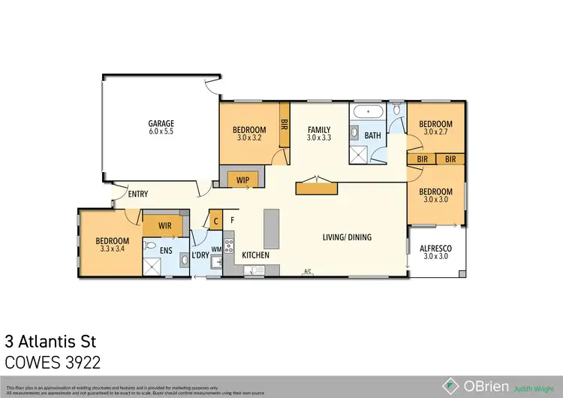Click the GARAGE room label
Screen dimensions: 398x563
point(161,123)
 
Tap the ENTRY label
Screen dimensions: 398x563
point(138,194)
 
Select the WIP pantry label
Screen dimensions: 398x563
point(242,180)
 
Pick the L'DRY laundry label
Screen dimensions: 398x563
point(200,255)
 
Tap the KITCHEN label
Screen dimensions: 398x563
point(256,255)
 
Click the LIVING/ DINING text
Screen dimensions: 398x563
point(347,237)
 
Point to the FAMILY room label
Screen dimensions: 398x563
point(319,129)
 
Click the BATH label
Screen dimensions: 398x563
point(373,136)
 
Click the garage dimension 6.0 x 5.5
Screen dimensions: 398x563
point(161,132)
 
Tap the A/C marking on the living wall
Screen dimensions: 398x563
point(307,271)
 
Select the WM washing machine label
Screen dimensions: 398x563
point(217,249)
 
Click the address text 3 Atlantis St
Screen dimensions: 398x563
point(51,342)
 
